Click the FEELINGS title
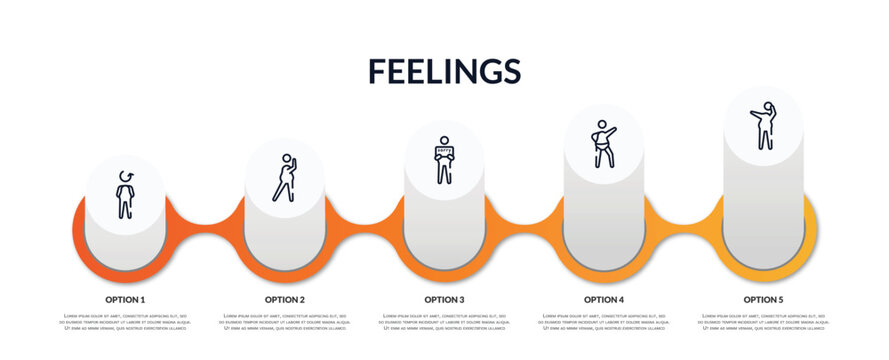[444, 70]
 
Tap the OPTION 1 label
[125, 299]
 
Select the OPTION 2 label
[285, 299]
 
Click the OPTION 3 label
[444, 299]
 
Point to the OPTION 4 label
[604, 299]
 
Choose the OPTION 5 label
[763, 299]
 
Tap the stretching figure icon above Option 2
[285, 179]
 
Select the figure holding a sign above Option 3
[444, 161]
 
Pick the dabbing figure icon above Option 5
[764, 126]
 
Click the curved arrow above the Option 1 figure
[125, 176]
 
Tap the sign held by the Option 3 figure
[444, 152]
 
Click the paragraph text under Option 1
[125, 322]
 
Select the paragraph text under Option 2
[285, 322]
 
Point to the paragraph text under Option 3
[444, 322]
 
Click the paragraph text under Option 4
[604, 322]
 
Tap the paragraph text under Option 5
[763, 322]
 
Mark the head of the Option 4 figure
[600, 125]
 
